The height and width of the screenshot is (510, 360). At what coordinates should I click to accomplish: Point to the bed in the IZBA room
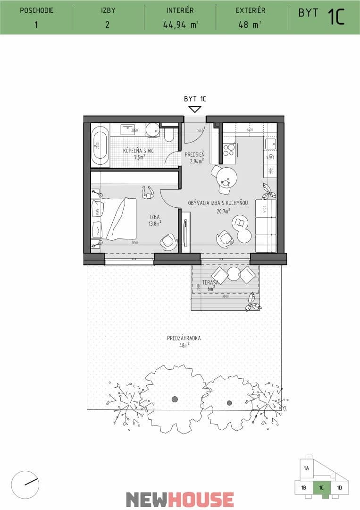[x=114, y=218]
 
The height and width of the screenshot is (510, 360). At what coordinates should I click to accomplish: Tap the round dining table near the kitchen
[x=226, y=178]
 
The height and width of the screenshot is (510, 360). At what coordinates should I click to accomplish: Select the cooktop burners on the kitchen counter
[x=229, y=150]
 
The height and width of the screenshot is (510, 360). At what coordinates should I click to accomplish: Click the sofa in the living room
[x=266, y=225]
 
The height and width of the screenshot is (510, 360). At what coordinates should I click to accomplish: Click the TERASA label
[x=209, y=283]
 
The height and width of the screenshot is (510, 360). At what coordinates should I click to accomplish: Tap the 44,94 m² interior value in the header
[x=179, y=25]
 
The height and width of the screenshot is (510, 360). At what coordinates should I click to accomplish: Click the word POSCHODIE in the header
[x=36, y=10]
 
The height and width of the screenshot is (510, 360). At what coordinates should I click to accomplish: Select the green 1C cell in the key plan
[x=321, y=487]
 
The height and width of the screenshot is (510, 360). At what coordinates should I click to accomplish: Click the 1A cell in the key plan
[x=306, y=468]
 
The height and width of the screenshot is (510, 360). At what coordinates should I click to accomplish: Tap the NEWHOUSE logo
[x=180, y=499]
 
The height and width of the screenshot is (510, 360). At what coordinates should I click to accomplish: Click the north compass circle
[x=25, y=484]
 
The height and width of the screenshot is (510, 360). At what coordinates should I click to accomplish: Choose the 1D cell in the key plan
[x=339, y=487]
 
